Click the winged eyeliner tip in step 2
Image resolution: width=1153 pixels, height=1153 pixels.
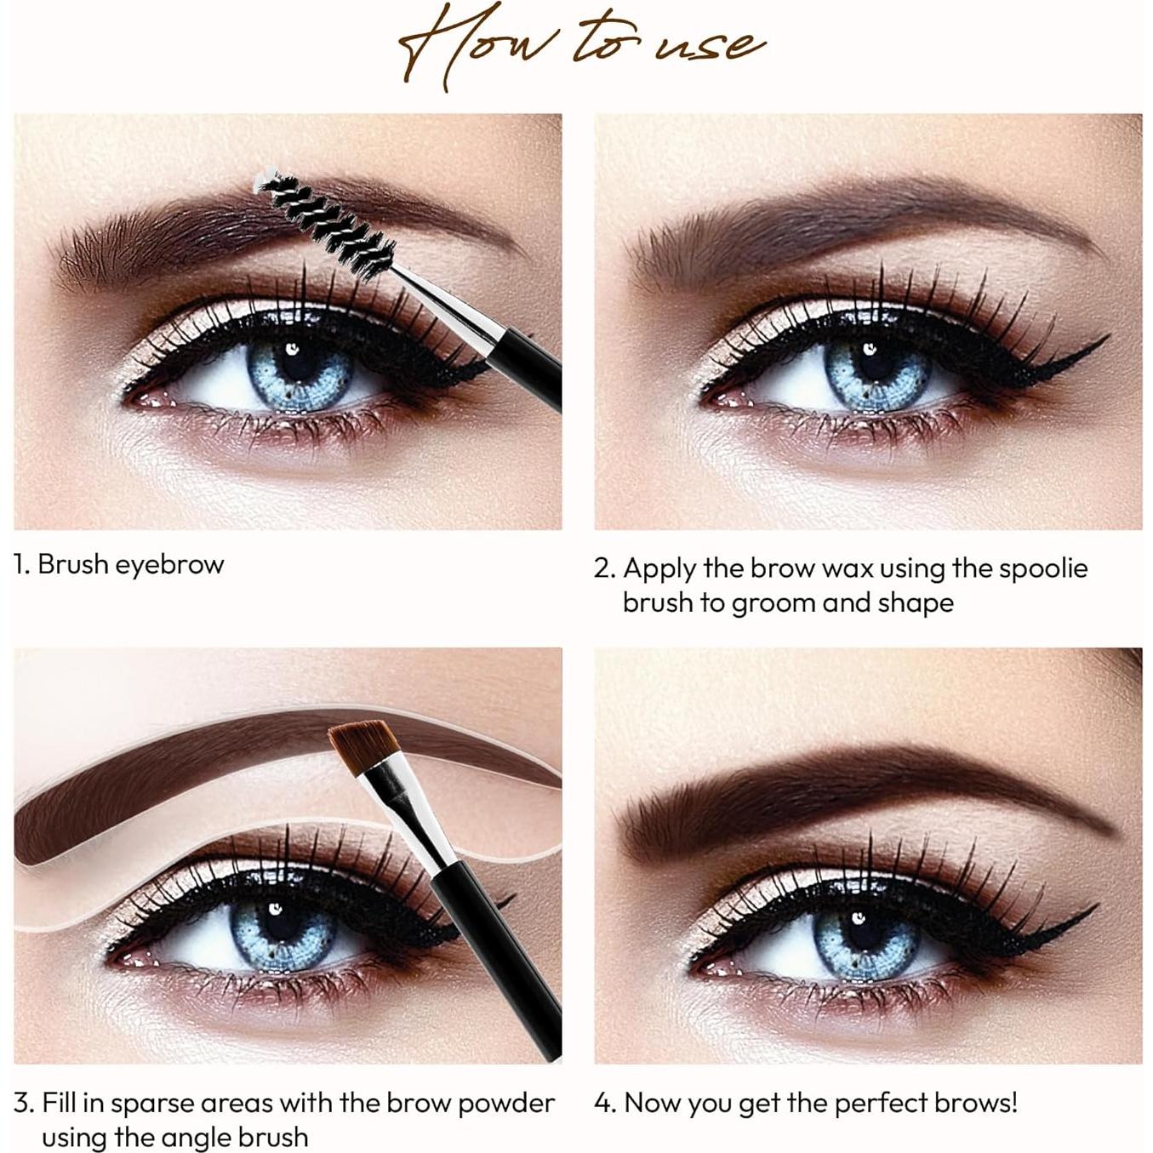(x=1102, y=340)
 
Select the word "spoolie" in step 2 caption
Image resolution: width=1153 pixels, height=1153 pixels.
(x=1043, y=568)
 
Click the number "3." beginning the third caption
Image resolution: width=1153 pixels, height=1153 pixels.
(x=24, y=1104)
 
